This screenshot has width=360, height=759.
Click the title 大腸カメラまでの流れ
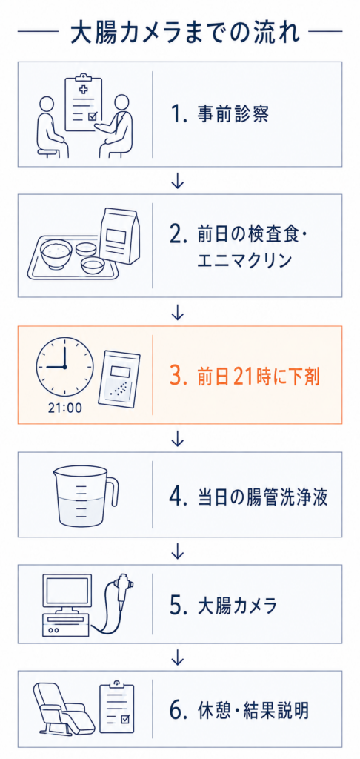click(x=180, y=33)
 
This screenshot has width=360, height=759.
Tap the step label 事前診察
click(x=233, y=115)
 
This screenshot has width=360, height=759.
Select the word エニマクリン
click(x=244, y=261)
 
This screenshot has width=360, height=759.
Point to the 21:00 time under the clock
click(x=65, y=408)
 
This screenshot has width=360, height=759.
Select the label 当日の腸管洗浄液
click(x=263, y=497)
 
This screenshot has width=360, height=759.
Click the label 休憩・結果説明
click(x=253, y=711)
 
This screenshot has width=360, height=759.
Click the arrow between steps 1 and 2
click(x=178, y=181)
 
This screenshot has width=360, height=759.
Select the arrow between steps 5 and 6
click(x=178, y=657)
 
